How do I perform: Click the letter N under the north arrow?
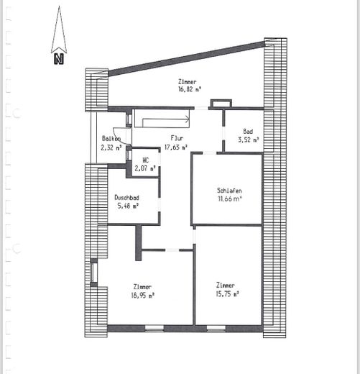(59, 59)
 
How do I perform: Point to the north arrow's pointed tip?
(59, 6)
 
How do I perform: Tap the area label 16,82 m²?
(189, 90)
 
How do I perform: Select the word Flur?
(177, 138)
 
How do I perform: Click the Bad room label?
(248, 132)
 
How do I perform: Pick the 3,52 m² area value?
(249, 140)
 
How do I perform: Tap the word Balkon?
(111, 139)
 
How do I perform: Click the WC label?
(145, 160)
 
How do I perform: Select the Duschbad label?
(126, 198)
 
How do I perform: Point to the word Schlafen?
(229, 191)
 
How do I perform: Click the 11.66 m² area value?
(229, 199)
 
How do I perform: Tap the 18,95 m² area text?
(142, 296)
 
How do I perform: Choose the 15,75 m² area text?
(228, 294)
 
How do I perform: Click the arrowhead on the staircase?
(188, 119)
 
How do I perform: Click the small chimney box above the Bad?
(221, 104)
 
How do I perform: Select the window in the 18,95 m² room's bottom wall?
(154, 328)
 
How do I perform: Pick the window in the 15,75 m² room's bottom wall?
(216, 328)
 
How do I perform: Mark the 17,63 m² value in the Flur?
(176, 147)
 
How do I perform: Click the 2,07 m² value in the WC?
(145, 168)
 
